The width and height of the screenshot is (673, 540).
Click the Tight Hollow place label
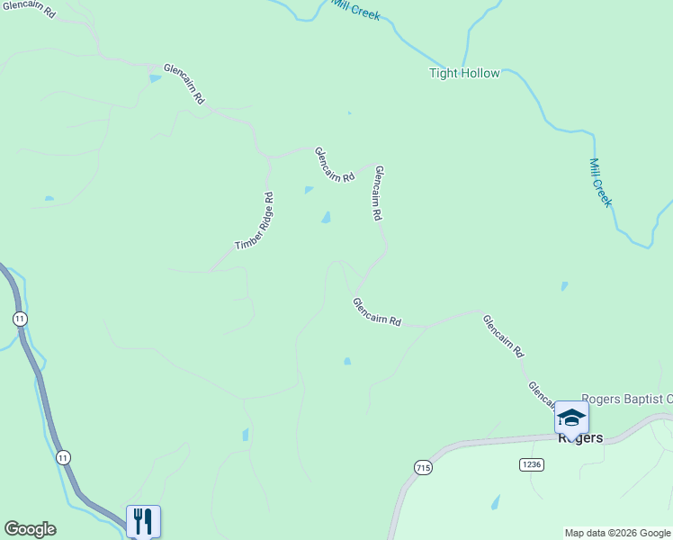[463, 73]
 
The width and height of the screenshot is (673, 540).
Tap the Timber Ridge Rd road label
[255, 221]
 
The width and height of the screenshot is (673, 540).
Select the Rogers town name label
[579, 438]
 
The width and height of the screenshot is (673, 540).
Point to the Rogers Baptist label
[626, 399]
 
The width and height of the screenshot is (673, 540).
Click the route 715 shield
[423, 467]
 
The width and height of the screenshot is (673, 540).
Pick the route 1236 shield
[531, 463]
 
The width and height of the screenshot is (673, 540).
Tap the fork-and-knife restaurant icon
[143, 521]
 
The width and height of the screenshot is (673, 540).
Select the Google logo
[30, 529]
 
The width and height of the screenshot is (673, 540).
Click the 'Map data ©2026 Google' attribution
[618, 533]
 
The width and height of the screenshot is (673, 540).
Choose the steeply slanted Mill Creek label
[600, 183]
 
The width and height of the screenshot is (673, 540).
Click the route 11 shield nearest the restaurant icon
[62, 457]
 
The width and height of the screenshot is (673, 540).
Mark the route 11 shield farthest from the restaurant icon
[20, 319]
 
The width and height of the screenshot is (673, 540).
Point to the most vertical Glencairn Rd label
[379, 193]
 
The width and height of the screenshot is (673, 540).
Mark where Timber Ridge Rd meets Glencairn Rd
[267, 157]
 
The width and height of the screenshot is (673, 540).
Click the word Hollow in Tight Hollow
[480, 73]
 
